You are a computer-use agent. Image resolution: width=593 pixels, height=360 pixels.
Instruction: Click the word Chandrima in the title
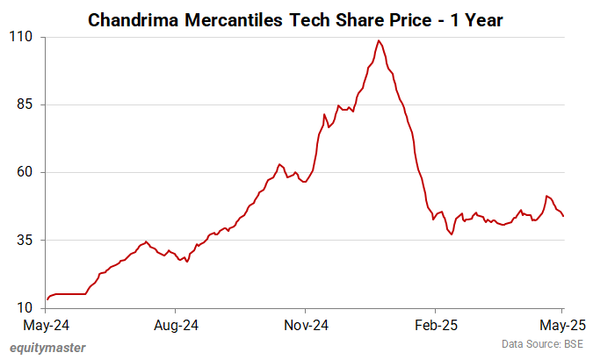(x=134, y=19)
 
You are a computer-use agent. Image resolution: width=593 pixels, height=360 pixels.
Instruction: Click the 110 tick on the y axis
(x=21, y=37)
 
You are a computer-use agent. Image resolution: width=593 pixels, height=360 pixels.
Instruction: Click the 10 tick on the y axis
(x=25, y=307)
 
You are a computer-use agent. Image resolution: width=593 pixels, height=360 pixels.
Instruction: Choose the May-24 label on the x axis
(x=47, y=325)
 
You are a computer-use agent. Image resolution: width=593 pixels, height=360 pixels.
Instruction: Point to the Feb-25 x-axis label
(x=434, y=325)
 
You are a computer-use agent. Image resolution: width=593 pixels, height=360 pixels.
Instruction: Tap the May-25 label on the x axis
(x=561, y=325)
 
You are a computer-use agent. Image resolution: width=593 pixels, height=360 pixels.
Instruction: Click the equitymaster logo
(x=48, y=347)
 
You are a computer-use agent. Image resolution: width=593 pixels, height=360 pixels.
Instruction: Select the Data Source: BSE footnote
(x=542, y=343)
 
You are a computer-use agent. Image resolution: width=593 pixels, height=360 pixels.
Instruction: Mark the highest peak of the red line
(x=379, y=40)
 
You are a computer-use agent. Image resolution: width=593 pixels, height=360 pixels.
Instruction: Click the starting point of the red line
(x=47, y=299)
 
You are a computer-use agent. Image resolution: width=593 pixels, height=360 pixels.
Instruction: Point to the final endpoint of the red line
(x=563, y=216)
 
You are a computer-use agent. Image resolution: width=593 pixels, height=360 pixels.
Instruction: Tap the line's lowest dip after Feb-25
(x=452, y=234)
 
